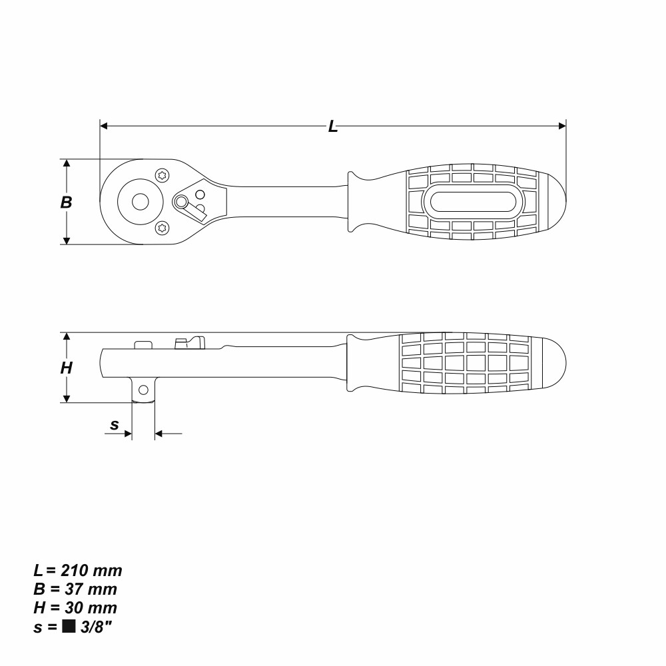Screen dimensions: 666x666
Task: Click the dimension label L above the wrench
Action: point(333,127)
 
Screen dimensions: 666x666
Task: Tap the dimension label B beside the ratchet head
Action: point(66,202)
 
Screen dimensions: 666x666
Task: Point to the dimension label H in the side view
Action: point(66,368)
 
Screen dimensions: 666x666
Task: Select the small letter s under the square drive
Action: point(115,424)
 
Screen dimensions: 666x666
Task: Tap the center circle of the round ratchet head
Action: point(140,201)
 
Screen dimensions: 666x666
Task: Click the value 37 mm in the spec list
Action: point(87,589)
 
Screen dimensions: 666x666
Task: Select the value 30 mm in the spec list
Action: point(87,608)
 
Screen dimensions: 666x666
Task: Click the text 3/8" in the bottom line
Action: point(92,626)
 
